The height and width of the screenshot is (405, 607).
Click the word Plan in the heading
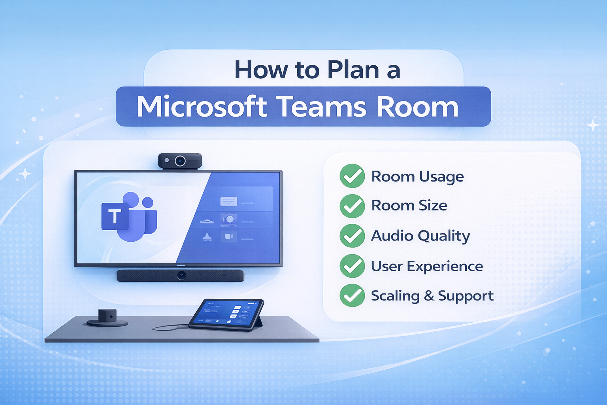tap(353, 70)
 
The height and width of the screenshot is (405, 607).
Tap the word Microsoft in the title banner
tap(202, 107)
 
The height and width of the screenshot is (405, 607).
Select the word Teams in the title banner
tap(321, 107)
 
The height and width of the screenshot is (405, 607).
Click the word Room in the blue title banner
tap(417, 107)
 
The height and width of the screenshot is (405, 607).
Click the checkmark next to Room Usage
tap(352, 176)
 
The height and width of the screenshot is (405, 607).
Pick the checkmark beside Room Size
tap(352, 206)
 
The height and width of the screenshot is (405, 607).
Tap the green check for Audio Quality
tap(352, 236)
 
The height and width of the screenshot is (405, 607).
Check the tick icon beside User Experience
tap(352, 266)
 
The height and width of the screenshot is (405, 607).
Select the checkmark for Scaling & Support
tap(352, 295)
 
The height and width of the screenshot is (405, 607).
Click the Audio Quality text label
tap(420, 236)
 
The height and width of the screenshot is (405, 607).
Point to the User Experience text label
tap(427, 266)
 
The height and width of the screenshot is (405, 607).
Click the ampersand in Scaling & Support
tap(429, 296)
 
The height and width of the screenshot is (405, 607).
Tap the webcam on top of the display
tap(180, 161)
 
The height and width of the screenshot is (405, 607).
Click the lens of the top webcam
tap(180, 161)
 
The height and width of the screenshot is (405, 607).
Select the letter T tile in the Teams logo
tap(115, 216)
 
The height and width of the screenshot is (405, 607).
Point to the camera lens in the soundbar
tap(181, 276)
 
